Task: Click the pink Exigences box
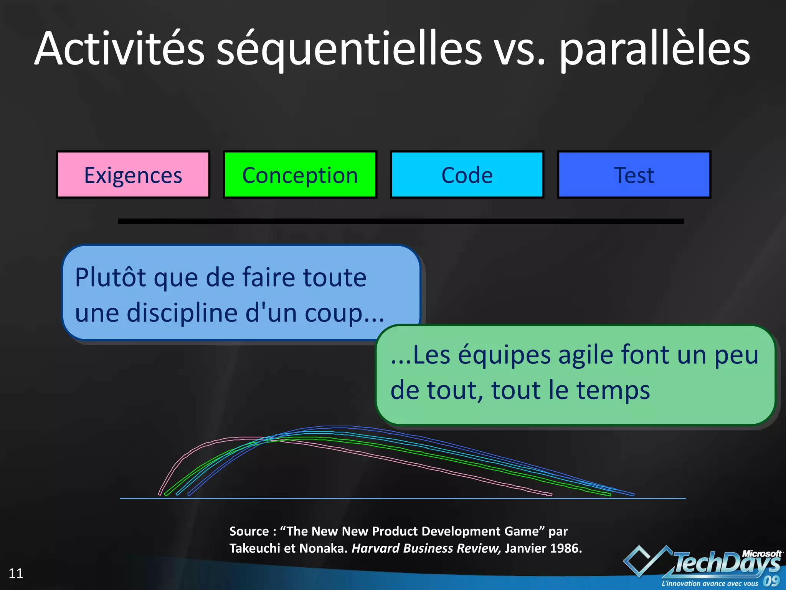(x=133, y=175)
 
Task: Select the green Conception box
(x=300, y=175)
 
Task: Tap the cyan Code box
(x=467, y=175)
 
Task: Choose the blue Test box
(x=634, y=175)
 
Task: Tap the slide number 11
(x=16, y=573)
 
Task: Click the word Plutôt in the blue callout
(x=111, y=277)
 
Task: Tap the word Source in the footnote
(x=249, y=531)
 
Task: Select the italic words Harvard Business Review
(x=426, y=548)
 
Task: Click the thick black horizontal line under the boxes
(x=401, y=221)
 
